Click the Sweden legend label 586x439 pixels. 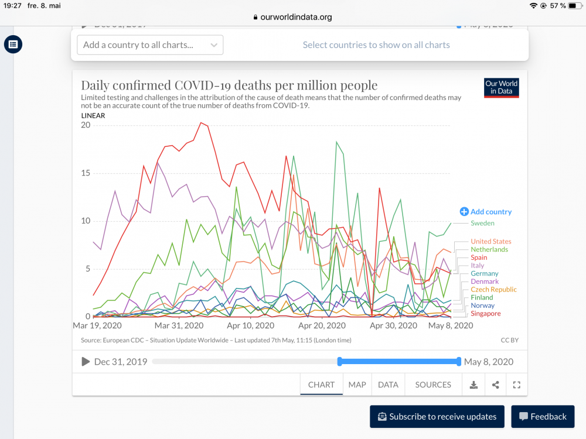[x=482, y=223]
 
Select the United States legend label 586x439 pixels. [x=490, y=241]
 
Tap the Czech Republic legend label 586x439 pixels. [x=493, y=289]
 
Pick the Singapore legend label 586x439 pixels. [x=485, y=314]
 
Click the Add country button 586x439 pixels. [x=486, y=212]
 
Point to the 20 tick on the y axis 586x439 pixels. [x=86, y=125]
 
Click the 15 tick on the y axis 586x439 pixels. [x=86, y=173]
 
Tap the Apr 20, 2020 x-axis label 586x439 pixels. [x=322, y=325]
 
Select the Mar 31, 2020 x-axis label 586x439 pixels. [x=179, y=325]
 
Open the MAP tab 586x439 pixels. [x=357, y=385]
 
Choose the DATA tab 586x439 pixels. [x=388, y=385]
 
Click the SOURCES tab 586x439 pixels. [x=433, y=385]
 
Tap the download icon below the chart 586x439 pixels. [x=473, y=385]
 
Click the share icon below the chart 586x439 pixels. [x=495, y=385]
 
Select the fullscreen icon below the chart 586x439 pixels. [x=516, y=385]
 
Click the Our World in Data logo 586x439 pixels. [x=501, y=88]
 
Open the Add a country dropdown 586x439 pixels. [x=150, y=45]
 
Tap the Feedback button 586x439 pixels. [x=542, y=417]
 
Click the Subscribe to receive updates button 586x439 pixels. [x=437, y=417]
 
